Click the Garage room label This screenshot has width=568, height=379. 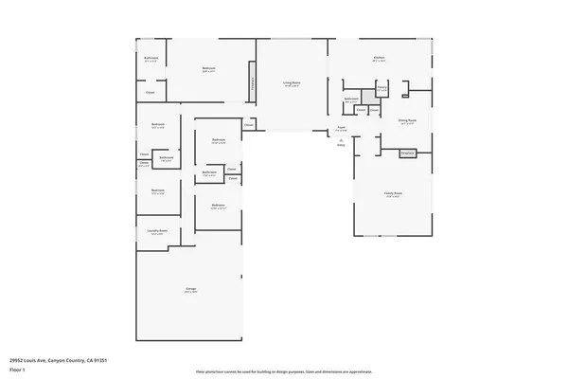(x=190, y=290)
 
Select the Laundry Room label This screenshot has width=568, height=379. (x=157, y=232)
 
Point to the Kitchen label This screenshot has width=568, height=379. (x=378, y=59)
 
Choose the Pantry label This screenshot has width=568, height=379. (x=382, y=88)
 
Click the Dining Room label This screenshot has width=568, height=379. (x=407, y=121)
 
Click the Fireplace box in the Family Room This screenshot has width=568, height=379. (x=407, y=153)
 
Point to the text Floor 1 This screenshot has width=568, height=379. (x=17, y=368)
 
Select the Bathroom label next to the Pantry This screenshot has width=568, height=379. (x=351, y=99)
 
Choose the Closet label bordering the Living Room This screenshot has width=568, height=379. (x=249, y=124)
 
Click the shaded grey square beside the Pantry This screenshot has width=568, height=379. (x=368, y=98)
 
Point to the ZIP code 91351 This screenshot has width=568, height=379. (x=112, y=360)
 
